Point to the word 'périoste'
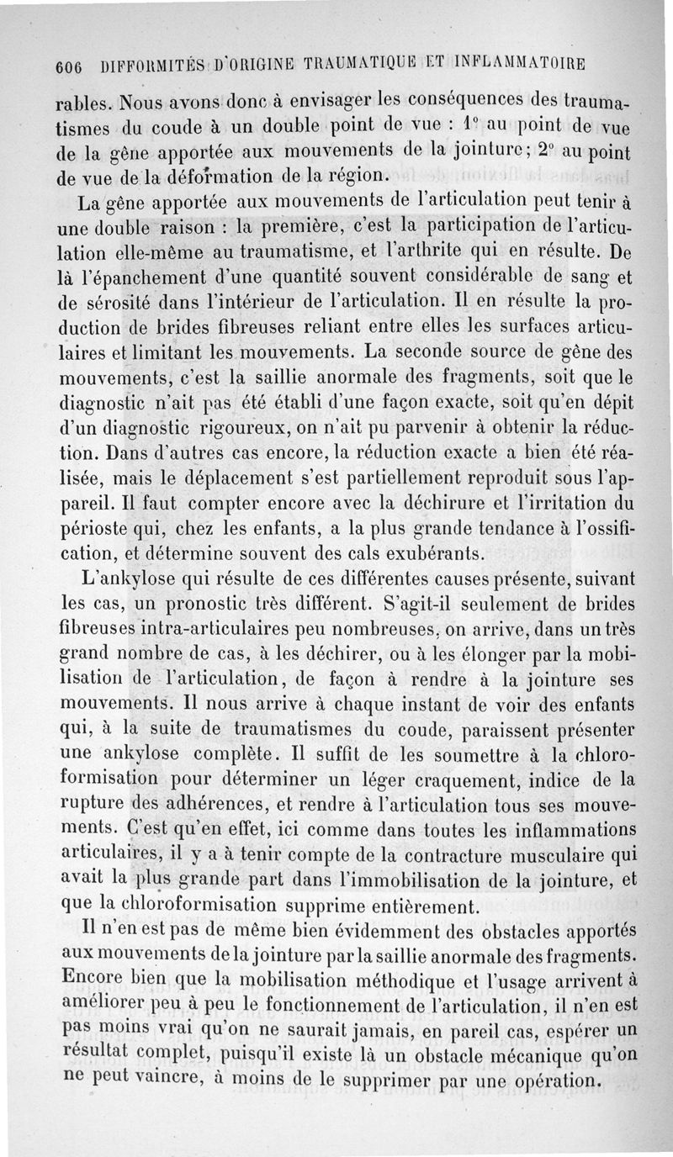(100, 531)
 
